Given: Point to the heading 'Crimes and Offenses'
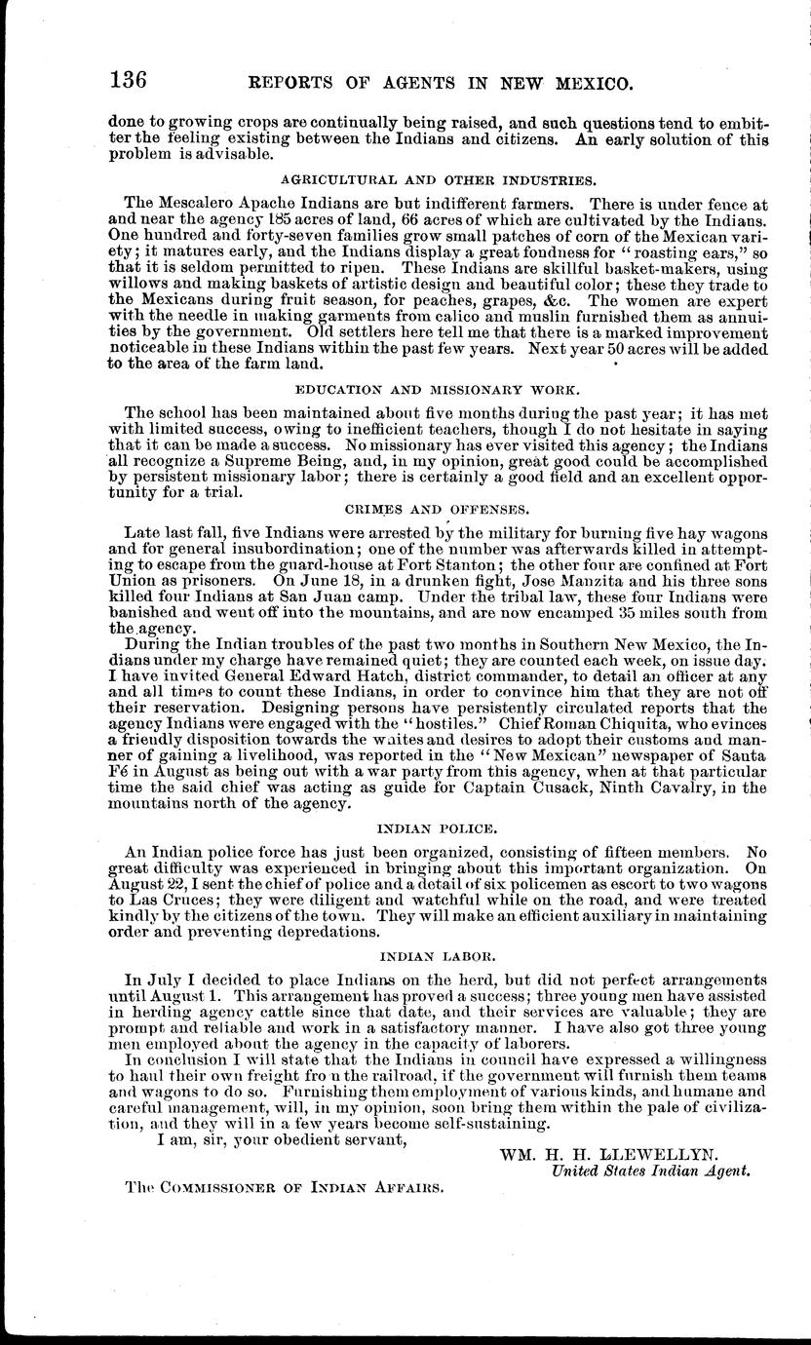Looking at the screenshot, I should [437, 509].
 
